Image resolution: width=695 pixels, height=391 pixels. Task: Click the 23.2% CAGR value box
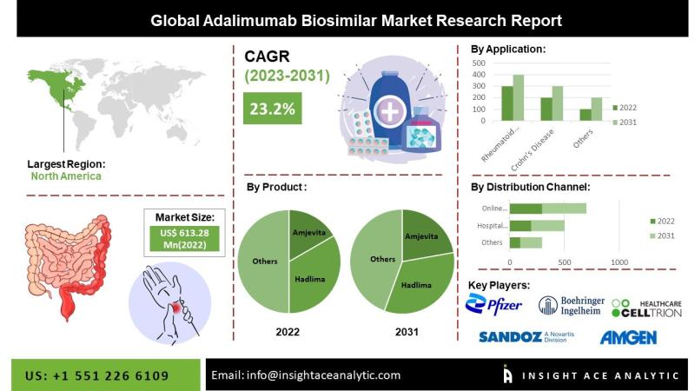coord(272,108)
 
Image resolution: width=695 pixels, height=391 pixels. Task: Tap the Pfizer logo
coord(493,304)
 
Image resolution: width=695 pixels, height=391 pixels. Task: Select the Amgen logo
coord(628,338)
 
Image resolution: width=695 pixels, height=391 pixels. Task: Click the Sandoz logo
coord(526,337)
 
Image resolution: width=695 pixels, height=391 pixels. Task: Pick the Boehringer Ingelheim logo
coord(572,306)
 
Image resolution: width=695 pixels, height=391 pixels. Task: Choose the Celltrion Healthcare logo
coord(646,308)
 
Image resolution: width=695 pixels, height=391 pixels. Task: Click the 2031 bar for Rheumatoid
coord(518,97)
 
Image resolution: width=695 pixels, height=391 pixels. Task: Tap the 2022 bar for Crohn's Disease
coord(546,109)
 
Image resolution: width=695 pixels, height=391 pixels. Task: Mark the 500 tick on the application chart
coord(479,63)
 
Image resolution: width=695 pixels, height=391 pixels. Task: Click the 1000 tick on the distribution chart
coord(619,262)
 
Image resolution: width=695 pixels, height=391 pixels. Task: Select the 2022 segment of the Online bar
coord(526,209)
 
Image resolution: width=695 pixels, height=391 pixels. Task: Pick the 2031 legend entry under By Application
coord(625,123)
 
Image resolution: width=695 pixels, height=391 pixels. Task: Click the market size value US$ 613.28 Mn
coord(184,239)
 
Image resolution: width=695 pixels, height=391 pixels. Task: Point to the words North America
coord(66,176)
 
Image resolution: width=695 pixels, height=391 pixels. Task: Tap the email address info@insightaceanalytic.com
coord(323,375)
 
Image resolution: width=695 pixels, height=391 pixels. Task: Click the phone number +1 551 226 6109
coord(110,376)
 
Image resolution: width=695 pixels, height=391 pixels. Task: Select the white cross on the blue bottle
coord(390,111)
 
